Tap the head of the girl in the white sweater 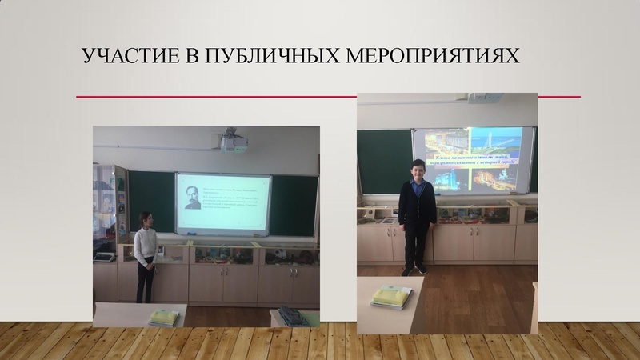point(146,219)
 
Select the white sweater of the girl point(145,247)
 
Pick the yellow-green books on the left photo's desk point(164,317)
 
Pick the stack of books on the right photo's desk point(392,295)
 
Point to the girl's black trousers point(145,282)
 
